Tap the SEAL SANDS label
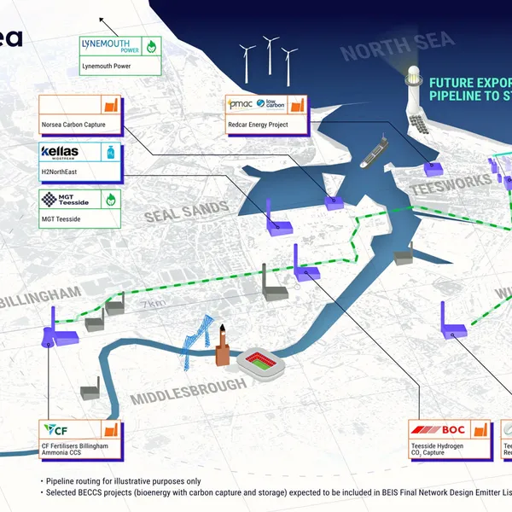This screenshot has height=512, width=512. click(x=185, y=210)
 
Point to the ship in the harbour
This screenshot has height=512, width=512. click(x=373, y=154)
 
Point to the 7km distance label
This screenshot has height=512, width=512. click(x=153, y=305)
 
